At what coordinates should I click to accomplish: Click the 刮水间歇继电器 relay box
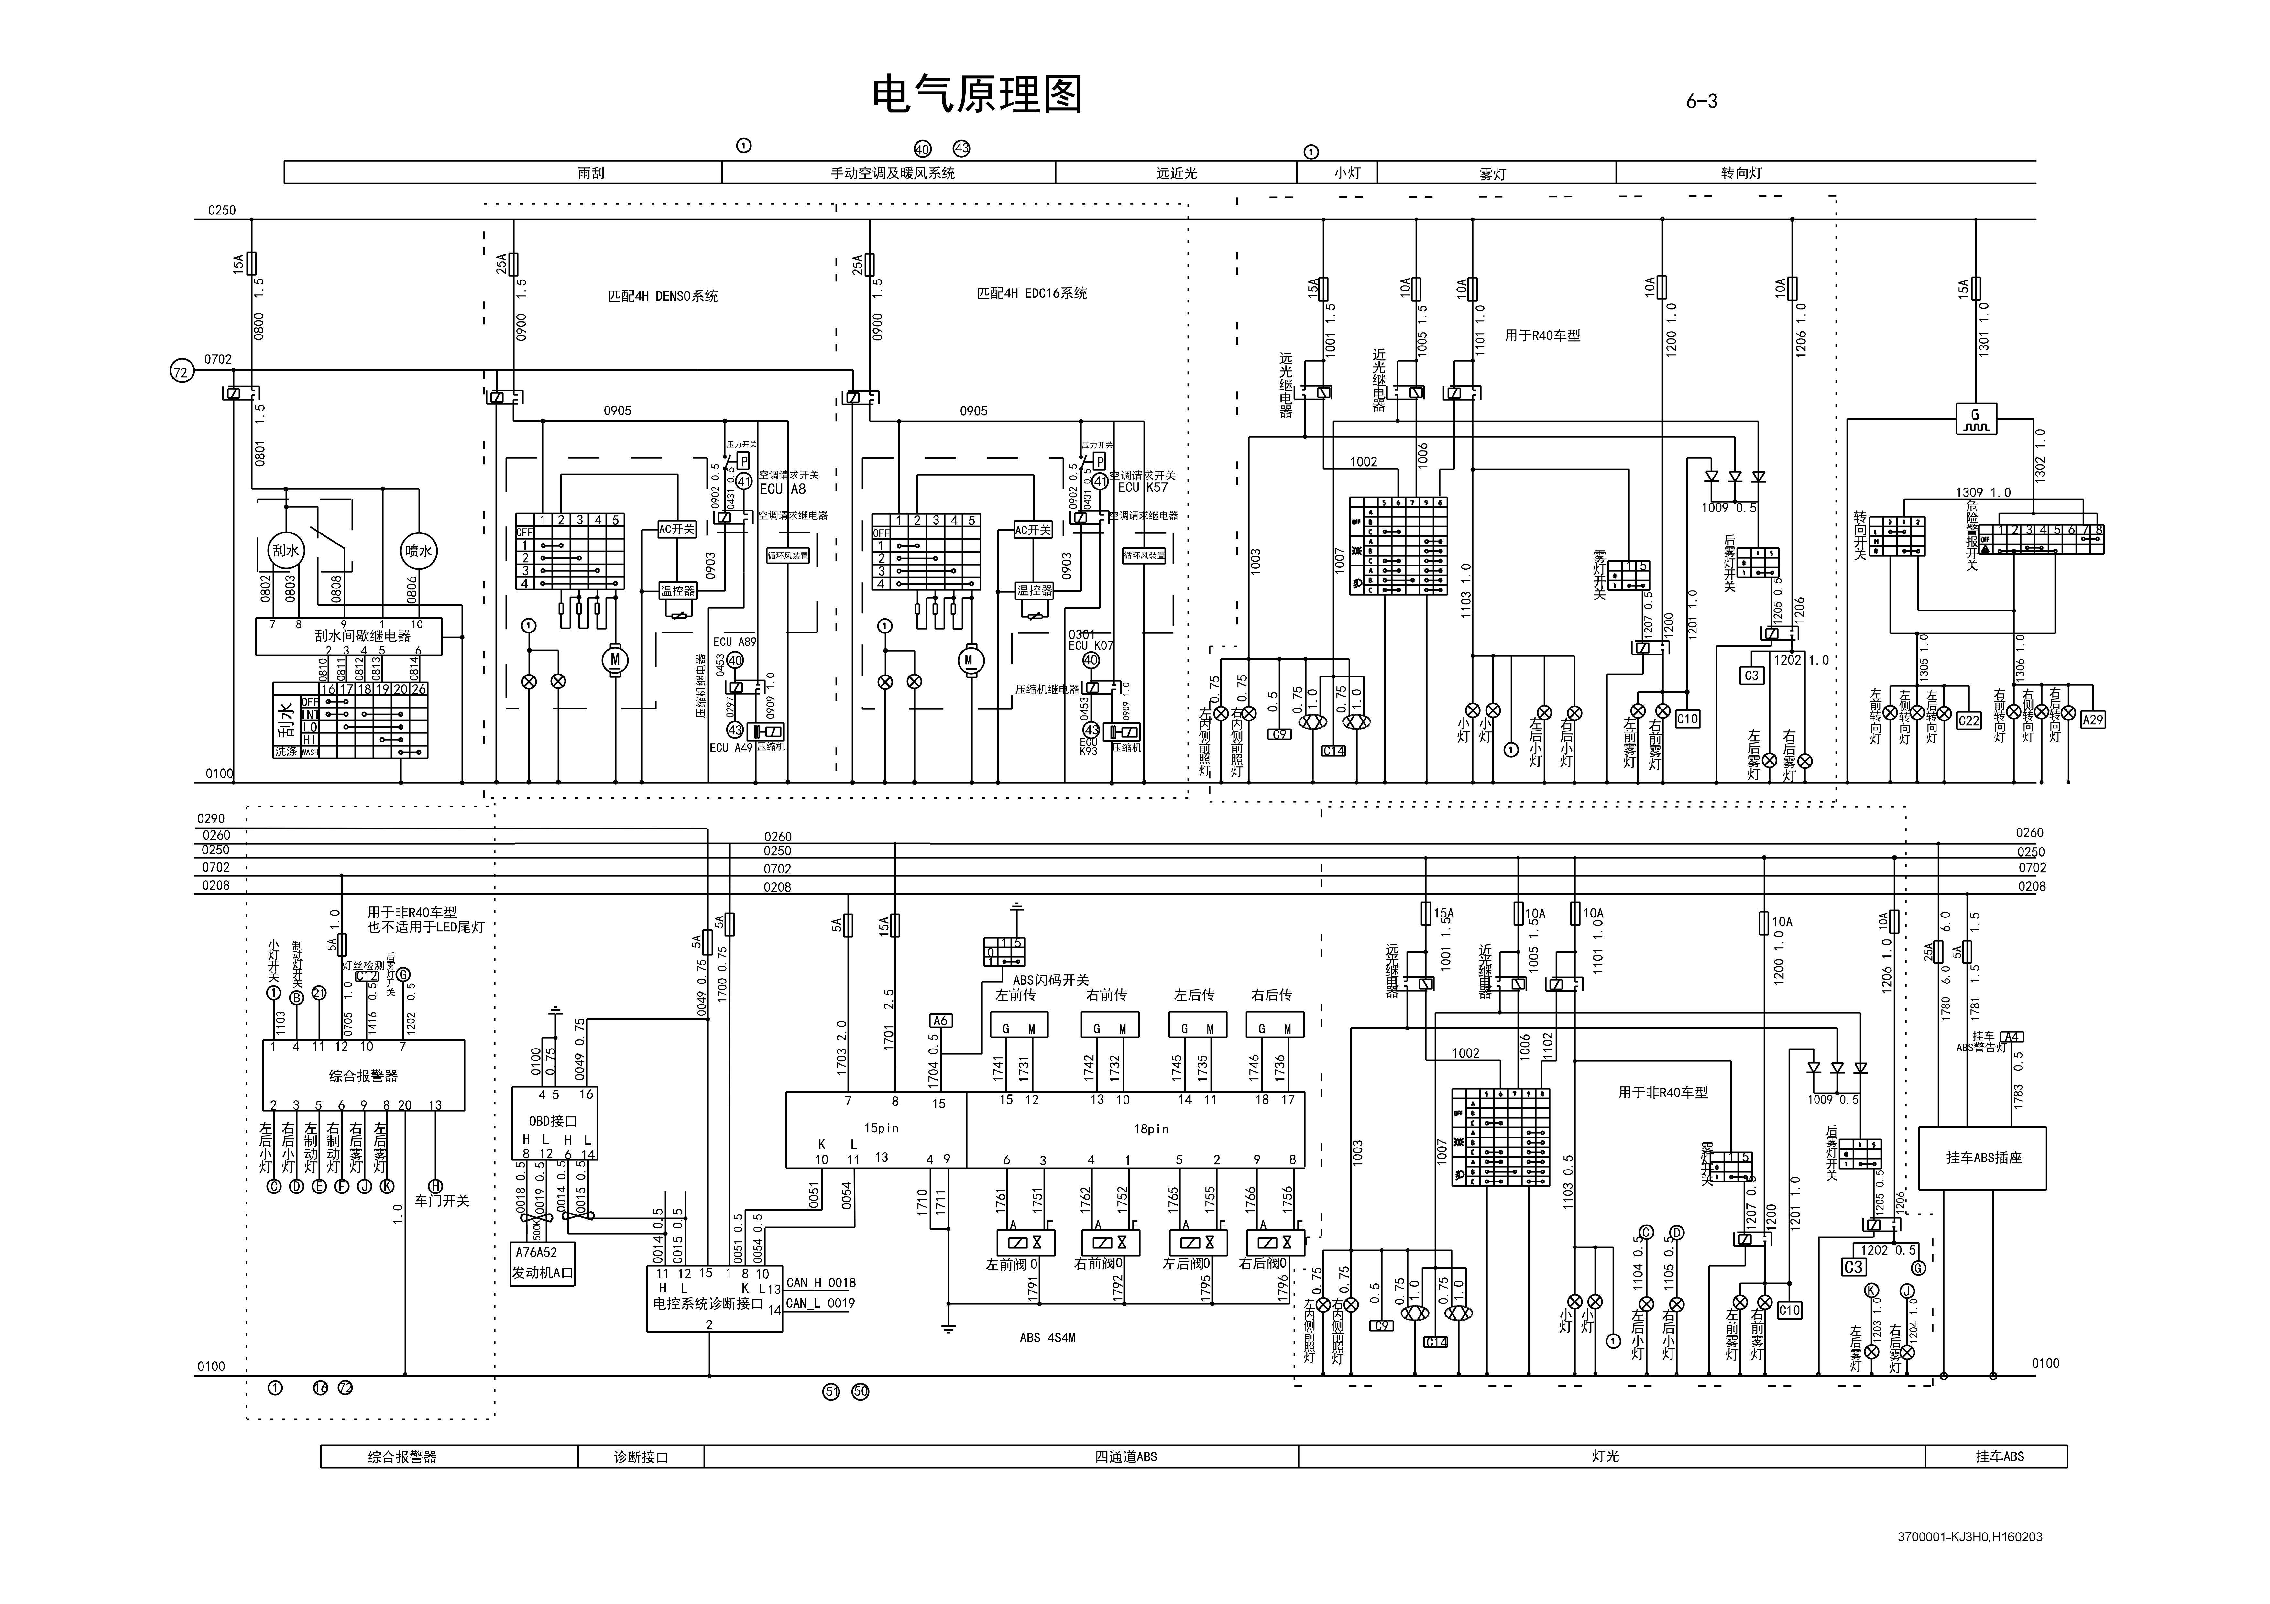pos(362,636)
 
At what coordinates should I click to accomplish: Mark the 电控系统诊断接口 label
pos(708,1303)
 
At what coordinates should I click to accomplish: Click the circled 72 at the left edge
pos(181,372)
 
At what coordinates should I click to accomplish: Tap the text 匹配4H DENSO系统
pos(663,296)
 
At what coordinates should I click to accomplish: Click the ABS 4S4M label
pos(1047,1337)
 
